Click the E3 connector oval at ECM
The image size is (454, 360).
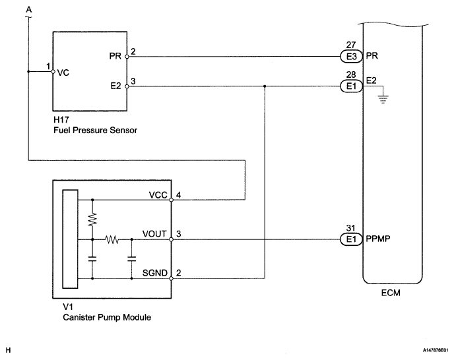pos(351,57)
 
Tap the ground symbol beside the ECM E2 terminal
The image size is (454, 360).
pos(383,100)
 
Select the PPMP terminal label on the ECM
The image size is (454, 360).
pos(378,239)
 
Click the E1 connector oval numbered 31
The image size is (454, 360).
pos(351,239)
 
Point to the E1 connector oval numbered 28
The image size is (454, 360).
pos(351,86)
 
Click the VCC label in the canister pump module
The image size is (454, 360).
pos(158,195)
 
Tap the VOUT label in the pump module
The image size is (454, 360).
pos(154,234)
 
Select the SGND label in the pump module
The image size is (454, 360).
pos(155,273)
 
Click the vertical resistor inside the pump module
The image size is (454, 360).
pos(92,220)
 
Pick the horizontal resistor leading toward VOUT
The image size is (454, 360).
pos(112,239)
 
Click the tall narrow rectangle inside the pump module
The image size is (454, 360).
pos(71,239)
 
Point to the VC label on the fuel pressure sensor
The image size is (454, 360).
pos(63,73)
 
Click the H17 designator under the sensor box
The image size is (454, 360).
pos(61,119)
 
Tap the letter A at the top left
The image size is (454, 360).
pos(28,10)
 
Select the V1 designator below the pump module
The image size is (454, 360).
pos(68,307)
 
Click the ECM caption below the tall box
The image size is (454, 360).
pos(391,293)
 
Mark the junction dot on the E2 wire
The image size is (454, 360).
pos(265,86)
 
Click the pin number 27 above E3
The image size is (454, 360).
pos(351,45)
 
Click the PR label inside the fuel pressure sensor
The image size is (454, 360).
pos(115,56)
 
